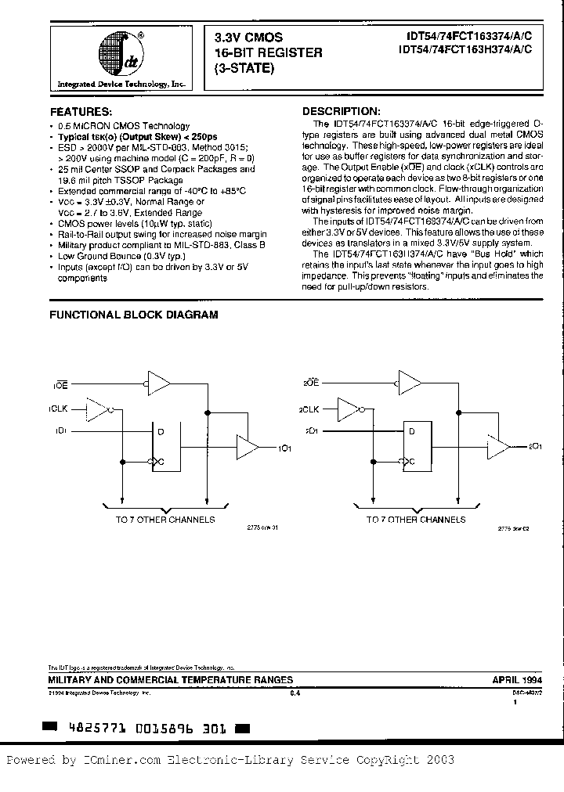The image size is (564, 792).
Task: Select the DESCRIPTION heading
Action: [x=342, y=111]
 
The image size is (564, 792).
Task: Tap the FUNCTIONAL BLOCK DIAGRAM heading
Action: [x=134, y=315]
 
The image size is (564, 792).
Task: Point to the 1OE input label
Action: [x=60, y=386]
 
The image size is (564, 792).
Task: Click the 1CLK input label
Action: [x=60, y=409]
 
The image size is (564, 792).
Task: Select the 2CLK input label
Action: [x=308, y=409]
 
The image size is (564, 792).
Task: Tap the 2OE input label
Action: [x=309, y=384]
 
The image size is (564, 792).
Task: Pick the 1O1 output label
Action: [x=285, y=448]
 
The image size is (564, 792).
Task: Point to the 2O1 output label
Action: [x=536, y=447]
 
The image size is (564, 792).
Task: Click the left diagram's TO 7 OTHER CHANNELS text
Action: [x=164, y=519]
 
